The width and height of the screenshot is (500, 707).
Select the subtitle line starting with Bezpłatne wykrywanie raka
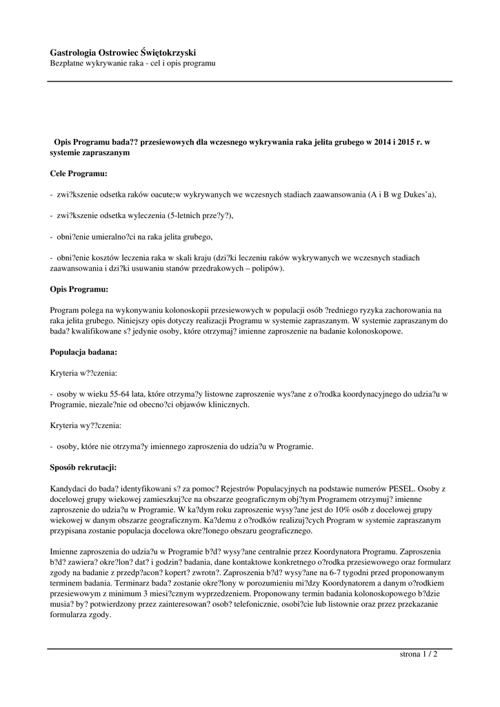(x=133, y=64)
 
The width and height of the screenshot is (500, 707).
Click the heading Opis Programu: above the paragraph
(x=79, y=289)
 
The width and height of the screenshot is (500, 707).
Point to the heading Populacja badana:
(x=83, y=351)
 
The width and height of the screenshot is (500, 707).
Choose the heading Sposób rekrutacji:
(x=83, y=466)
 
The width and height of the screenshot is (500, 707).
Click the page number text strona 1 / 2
(x=419, y=654)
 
